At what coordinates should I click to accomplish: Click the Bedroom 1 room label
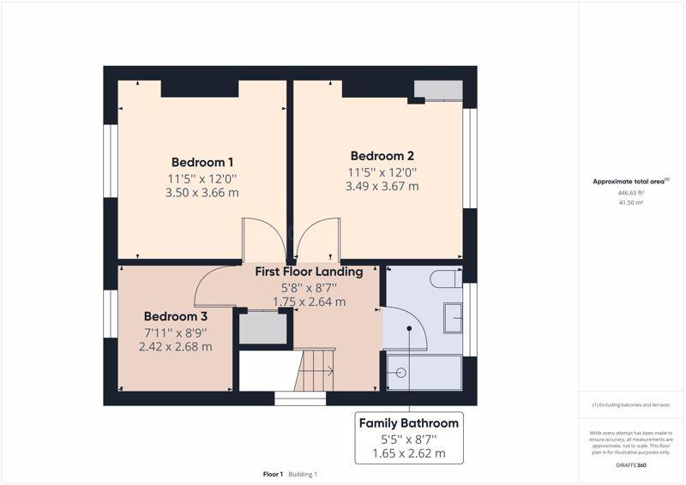click(x=202, y=162)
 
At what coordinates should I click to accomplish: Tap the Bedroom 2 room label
click(x=382, y=156)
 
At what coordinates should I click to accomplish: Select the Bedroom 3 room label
click(x=176, y=316)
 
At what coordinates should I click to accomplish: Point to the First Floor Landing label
click(x=309, y=272)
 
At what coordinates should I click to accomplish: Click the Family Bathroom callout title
click(x=409, y=423)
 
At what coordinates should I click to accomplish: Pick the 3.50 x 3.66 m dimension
click(x=202, y=193)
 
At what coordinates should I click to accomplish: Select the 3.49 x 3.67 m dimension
click(x=382, y=186)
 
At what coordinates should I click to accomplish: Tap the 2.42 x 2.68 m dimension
click(x=176, y=347)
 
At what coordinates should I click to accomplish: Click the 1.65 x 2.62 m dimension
click(x=409, y=453)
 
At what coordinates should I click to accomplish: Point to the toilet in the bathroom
click(x=446, y=279)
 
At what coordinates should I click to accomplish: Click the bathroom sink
click(x=453, y=318)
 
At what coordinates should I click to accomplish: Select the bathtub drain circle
click(x=400, y=373)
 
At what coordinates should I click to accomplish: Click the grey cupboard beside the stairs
click(x=263, y=328)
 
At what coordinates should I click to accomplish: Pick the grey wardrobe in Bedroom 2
click(x=438, y=89)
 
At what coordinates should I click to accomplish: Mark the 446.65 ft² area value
click(x=630, y=193)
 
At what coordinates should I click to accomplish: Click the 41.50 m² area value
click(x=630, y=202)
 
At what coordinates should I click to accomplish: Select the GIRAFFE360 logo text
click(x=631, y=465)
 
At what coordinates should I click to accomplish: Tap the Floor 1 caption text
click(x=273, y=474)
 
